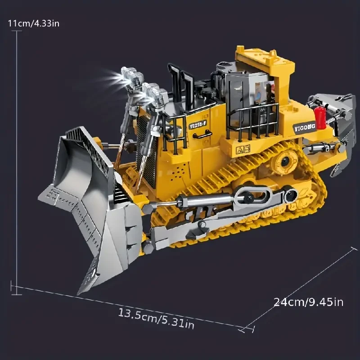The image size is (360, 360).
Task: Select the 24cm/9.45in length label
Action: (x=308, y=301)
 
